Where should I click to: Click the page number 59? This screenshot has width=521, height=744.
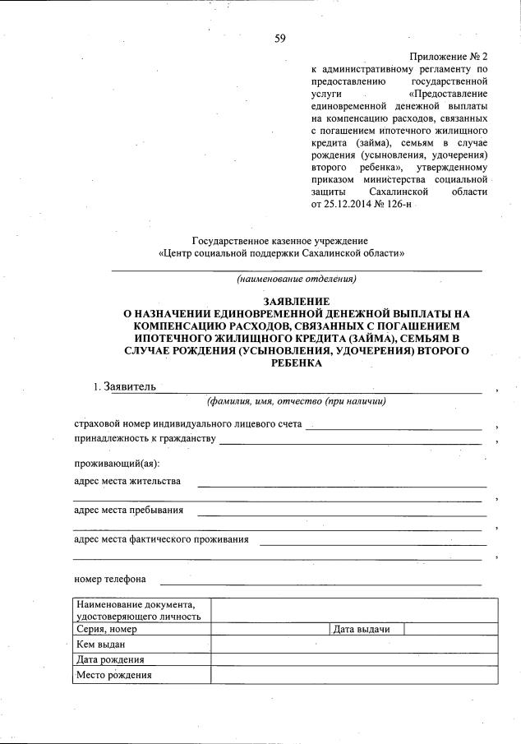(279, 38)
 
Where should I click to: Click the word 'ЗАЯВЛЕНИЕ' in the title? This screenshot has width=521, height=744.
(296, 301)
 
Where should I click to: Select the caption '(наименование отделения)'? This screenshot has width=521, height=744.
(296, 279)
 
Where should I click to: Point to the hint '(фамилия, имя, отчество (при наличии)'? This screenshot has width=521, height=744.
(296, 402)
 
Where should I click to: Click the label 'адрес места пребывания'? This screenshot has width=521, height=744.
(129, 510)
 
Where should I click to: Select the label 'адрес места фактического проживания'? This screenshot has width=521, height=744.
(161, 539)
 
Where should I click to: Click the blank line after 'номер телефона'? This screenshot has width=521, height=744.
(320, 580)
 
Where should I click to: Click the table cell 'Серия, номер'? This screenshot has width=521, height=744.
(107, 629)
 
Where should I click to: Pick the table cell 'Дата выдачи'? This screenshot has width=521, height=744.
(361, 629)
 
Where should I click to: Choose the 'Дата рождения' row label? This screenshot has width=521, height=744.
(110, 659)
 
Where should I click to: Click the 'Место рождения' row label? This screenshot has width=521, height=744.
(113, 675)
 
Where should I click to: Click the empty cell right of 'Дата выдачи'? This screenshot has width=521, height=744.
(450, 629)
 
